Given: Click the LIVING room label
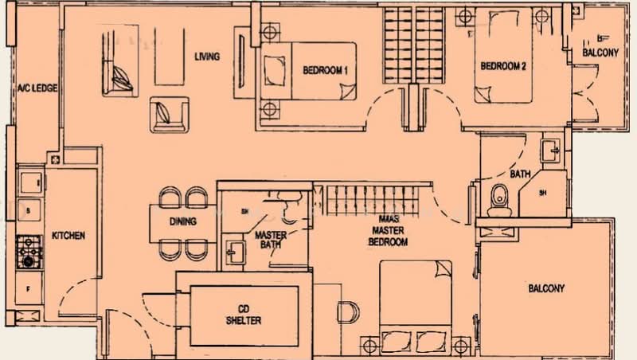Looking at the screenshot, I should coord(207,57).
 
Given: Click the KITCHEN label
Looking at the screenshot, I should coord(68,237).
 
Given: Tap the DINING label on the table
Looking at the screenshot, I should coord(183,222).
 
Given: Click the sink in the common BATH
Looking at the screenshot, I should coord(552,149).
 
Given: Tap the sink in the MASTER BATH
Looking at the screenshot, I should coord(234,253).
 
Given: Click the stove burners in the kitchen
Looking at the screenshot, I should coord(29,250).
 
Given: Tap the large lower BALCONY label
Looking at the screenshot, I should coord(546,288).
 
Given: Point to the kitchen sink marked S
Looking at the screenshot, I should coord(29,211).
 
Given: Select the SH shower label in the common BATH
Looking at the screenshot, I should coord(543,193).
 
